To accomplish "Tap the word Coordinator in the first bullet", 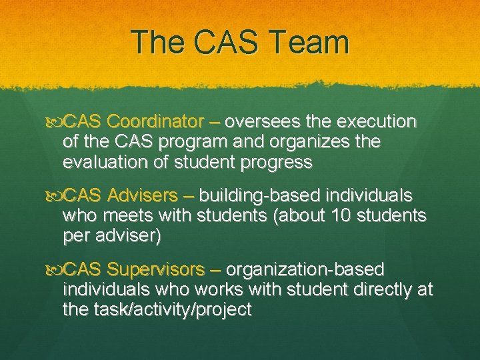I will [154, 123].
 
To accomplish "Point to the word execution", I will [377, 123].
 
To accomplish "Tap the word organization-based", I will [305, 270].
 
